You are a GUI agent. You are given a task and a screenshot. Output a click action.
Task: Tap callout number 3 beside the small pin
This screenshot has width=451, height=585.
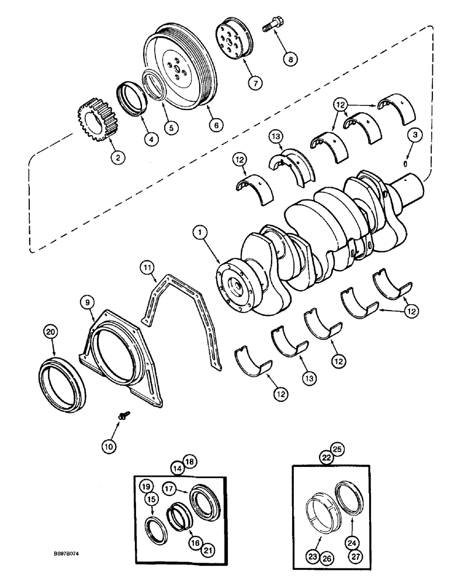[414, 136]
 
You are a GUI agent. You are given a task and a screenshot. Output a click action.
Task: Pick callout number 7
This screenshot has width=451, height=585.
[255, 82]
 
